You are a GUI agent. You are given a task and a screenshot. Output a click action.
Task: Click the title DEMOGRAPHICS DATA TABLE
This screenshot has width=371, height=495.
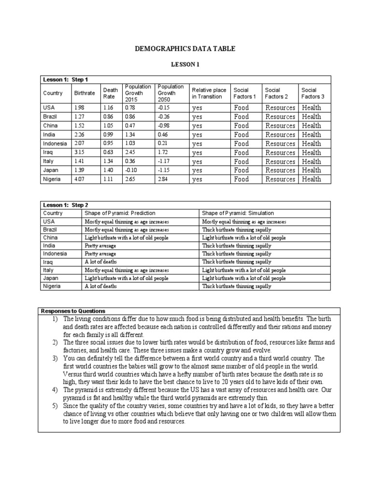(x=185, y=48)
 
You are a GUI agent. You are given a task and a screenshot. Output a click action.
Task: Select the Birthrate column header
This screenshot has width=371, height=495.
(x=84, y=93)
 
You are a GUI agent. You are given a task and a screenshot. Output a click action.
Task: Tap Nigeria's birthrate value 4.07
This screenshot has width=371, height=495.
(x=79, y=179)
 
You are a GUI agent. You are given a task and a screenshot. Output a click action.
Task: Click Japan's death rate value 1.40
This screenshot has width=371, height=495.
(x=107, y=170)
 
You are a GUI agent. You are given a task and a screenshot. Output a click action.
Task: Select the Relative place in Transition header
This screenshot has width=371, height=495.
(x=209, y=93)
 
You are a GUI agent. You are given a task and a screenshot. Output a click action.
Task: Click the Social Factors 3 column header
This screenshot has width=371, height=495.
(x=313, y=93)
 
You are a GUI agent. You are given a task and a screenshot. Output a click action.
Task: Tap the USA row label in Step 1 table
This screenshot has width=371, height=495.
(x=49, y=107)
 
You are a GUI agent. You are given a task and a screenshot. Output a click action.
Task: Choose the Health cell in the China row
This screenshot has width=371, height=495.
(x=312, y=126)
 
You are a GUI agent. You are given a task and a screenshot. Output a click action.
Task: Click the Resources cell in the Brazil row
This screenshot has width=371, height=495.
(x=280, y=116)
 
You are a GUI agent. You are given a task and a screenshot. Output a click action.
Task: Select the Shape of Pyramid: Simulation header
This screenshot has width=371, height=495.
(x=238, y=213)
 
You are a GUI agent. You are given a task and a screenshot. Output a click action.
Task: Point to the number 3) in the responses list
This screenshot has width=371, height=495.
(x=55, y=358)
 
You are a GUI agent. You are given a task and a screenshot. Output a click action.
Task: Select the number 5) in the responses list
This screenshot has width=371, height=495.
(x=55, y=406)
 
